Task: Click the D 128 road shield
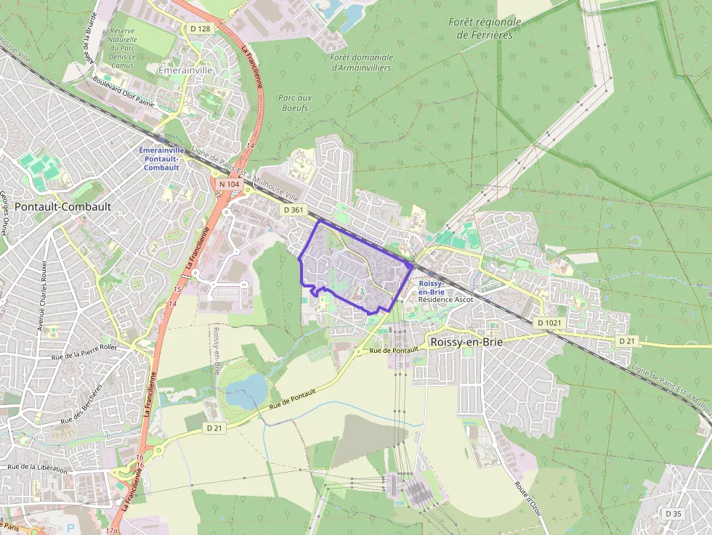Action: click(x=200, y=28)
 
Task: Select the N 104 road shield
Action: click(x=228, y=184)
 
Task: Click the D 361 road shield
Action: click(x=294, y=210)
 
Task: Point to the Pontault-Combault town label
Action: click(x=63, y=206)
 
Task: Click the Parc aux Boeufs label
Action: click(x=294, y=102)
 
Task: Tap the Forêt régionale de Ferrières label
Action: click(x=485, y=28)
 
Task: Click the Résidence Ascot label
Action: click(x=445, y=299)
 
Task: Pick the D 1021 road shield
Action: click(x=549, y=322)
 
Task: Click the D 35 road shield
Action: click(x=673, y=513)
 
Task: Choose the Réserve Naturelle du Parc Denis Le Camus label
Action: click(x=122, y=48)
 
